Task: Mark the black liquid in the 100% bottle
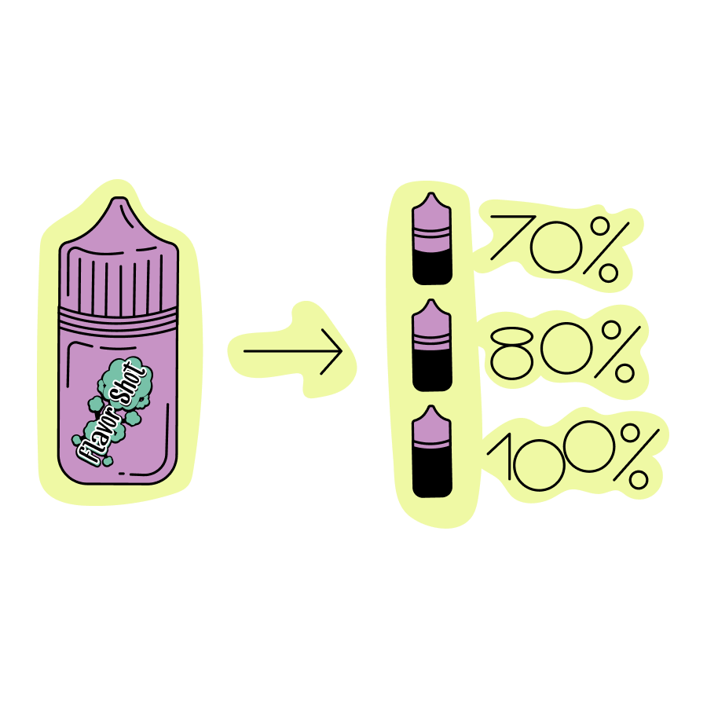(432, 475)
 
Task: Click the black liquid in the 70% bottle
(432, 267)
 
